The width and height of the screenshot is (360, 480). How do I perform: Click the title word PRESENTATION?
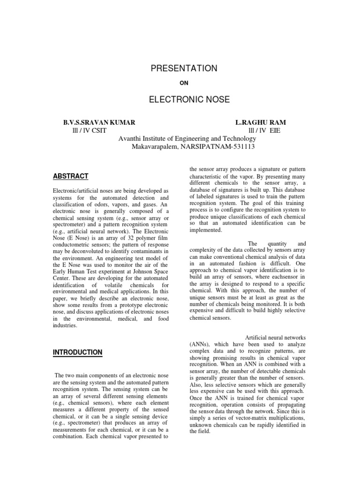184,68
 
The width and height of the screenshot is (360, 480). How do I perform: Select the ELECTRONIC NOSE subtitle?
184,100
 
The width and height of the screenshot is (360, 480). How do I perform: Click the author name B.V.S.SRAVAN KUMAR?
99,122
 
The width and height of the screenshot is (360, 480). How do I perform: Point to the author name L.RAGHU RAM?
261,122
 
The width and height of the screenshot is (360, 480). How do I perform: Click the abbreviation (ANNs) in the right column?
200,344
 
